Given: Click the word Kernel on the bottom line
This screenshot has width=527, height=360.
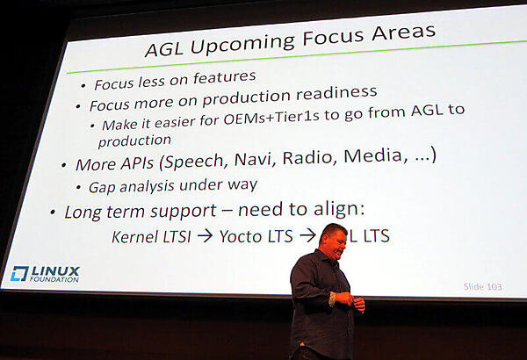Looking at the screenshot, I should tap(134, 237).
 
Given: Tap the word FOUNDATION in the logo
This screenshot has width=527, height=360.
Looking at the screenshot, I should tap(54, 280).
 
